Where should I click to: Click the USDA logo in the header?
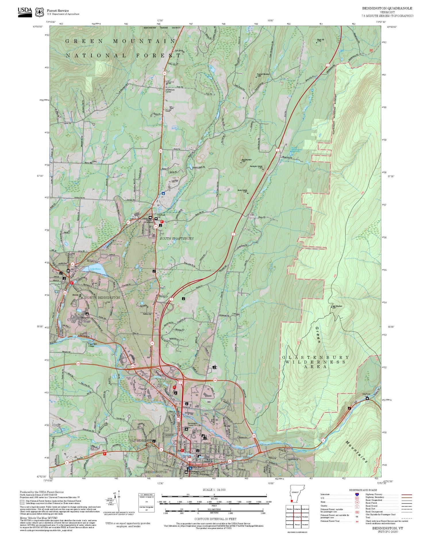click(x=25, y=12)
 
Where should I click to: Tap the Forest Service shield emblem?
click(x=39, y=12)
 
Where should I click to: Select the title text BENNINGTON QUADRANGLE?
click(x=387, y=8)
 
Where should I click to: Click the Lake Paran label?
click(x=95, y=269)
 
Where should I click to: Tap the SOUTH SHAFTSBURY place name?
click(x=177, y=238)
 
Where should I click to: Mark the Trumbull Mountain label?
click(x=263, y=75)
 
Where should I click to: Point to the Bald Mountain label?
click(x=337, y=307)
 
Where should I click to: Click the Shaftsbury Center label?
click(x=168, y=91)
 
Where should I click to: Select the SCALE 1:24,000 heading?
click(x=214, y=490)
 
